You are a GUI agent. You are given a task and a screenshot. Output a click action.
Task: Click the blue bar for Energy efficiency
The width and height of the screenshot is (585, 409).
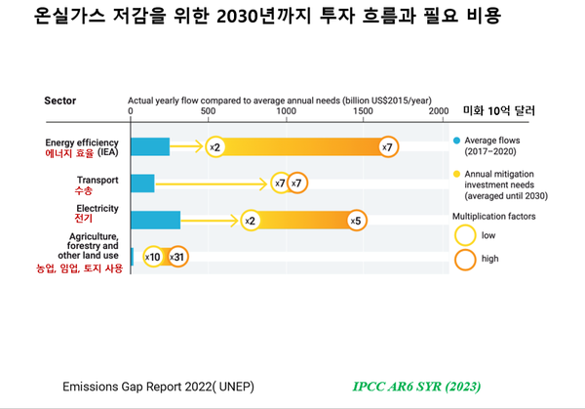click(x=150, y=146)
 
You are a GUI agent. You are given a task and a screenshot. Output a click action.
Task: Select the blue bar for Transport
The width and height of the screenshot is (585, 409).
click(x=142, y=183)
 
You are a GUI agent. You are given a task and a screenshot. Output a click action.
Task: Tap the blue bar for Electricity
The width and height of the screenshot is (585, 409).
click(x=155, y=221)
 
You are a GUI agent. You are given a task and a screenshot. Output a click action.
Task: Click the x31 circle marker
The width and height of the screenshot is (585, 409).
click(x=177, y=257)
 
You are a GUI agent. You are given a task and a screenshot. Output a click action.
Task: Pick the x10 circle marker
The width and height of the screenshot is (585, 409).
click(x=153, y=257)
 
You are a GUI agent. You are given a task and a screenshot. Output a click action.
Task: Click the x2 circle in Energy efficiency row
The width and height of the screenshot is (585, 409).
click(x=215, y=146)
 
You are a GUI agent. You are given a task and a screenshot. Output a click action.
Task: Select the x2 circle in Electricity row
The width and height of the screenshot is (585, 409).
click(x=250, y=221)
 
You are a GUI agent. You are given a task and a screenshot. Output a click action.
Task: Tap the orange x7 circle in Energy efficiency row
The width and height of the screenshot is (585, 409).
click(x=387, y=146)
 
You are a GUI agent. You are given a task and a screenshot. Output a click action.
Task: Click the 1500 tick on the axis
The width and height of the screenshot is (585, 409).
click(x=363, y=111)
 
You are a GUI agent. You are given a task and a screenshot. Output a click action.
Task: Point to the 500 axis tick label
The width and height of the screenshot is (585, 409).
click(x=209, y=111)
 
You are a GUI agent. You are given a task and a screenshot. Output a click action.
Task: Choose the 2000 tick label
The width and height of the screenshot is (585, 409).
click(x=439, y=111)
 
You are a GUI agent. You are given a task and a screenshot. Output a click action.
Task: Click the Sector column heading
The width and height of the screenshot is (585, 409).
click(x=60, y=100)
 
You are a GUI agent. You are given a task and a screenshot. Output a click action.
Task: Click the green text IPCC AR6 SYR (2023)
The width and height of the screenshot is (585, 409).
click(x=416, y=386)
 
